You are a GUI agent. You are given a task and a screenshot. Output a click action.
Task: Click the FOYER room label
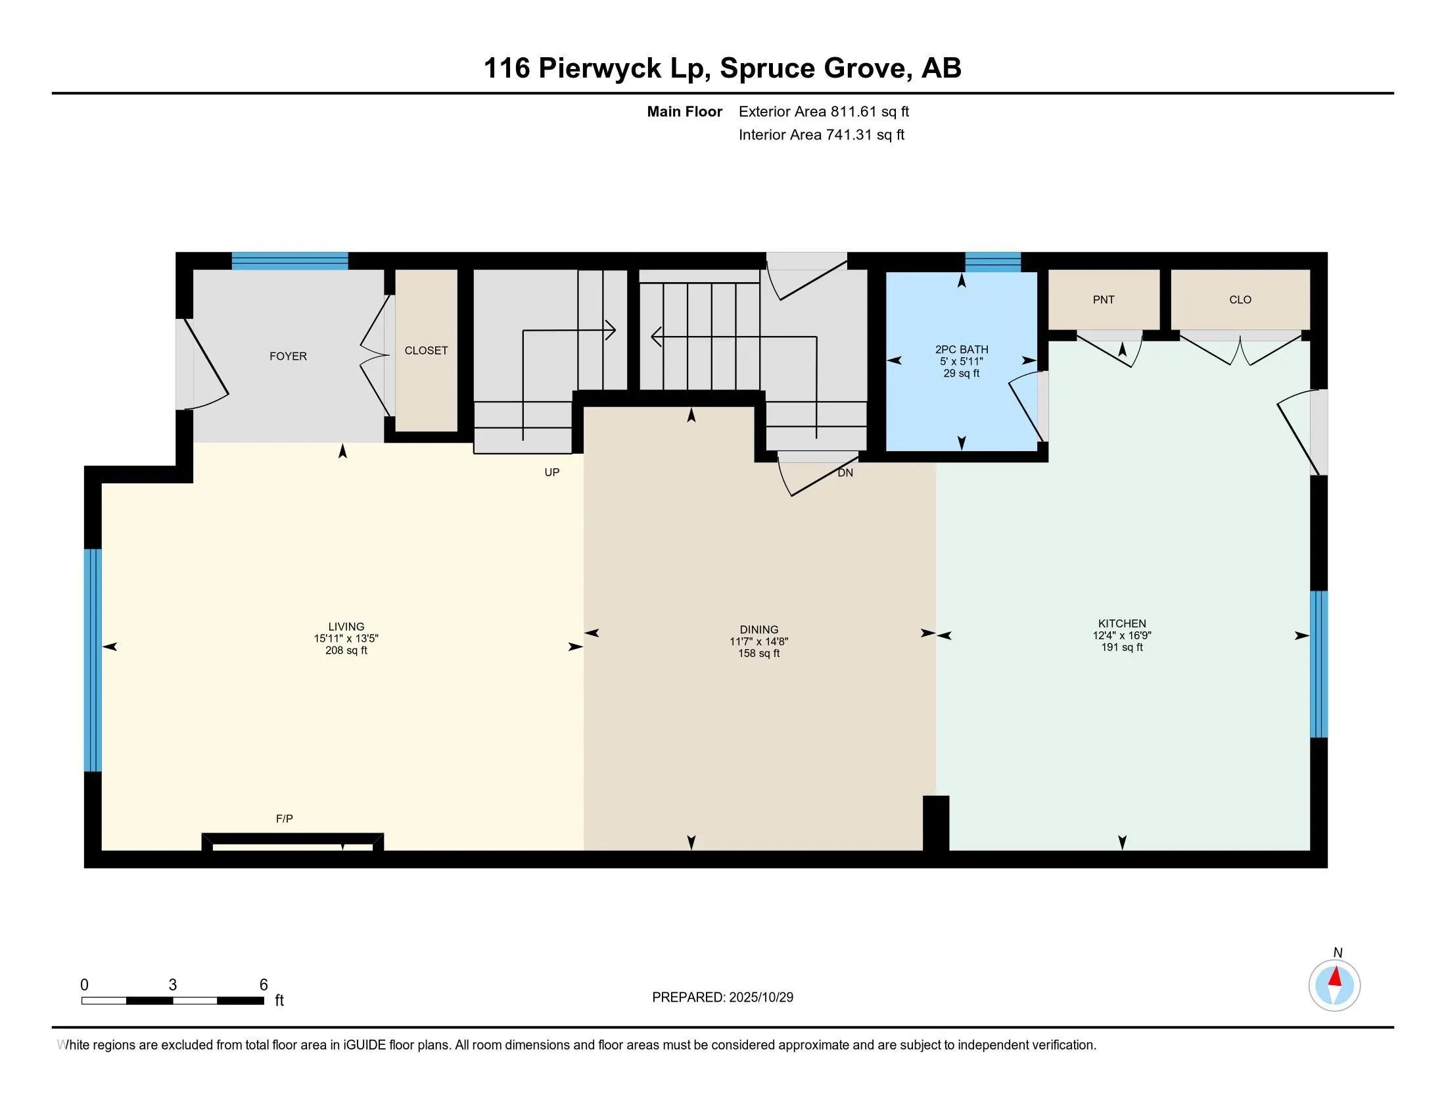[x=288, y=356]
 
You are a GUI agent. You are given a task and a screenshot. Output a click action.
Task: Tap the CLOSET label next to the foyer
[x=426, y=351]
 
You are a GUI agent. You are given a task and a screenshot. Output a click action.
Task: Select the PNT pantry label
[x=1103, y=300]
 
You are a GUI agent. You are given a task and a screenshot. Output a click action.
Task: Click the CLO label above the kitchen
[x=1240, y=300]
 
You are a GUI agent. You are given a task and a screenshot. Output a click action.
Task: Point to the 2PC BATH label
[x=962, y=350]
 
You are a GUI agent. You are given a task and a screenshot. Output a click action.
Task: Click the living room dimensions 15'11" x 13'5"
[x=346, y=639]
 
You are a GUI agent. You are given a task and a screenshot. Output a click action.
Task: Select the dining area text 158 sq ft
[x=758, y=654]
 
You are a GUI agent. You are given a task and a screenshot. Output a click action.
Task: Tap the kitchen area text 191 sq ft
[x=1121, y=647]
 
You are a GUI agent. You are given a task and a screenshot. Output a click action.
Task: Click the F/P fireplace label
[x=285, y=819]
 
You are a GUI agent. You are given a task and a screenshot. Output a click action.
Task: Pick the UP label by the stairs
[x=551, y=472]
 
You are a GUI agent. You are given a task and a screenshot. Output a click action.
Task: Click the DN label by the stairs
[x=845, y=473]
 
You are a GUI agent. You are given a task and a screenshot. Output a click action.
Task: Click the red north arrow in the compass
[x=1336, y=977]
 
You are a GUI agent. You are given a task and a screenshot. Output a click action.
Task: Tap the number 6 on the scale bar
[x=264, y=985]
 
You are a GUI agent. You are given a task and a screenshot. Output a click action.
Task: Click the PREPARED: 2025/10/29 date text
[x=722, y=998]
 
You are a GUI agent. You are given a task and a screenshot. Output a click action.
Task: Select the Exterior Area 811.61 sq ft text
[x=824, y=112]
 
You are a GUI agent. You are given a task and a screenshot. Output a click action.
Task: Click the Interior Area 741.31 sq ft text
[x=821, y=135]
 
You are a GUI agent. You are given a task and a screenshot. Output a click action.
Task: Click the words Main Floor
[x=684, y=112]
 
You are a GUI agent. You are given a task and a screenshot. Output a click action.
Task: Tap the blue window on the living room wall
[x=93, y=660]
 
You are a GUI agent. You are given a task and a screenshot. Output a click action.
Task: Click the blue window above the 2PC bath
[x=992, y=262]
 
